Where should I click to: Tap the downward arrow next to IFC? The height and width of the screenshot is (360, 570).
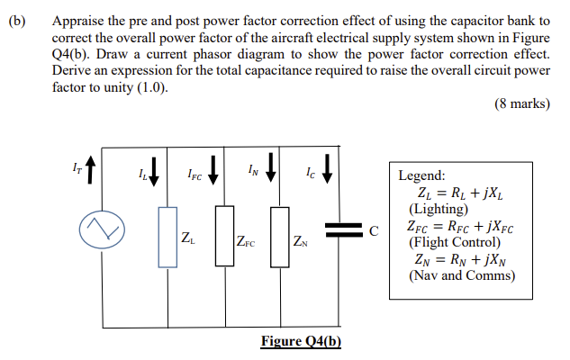(213, 167)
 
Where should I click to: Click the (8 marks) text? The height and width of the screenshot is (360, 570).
(522, 103)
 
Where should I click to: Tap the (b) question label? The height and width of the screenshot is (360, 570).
(16, 19)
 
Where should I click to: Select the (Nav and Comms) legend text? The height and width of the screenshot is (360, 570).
(462, 275)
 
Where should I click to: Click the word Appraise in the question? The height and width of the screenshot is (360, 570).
(79, 19)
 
